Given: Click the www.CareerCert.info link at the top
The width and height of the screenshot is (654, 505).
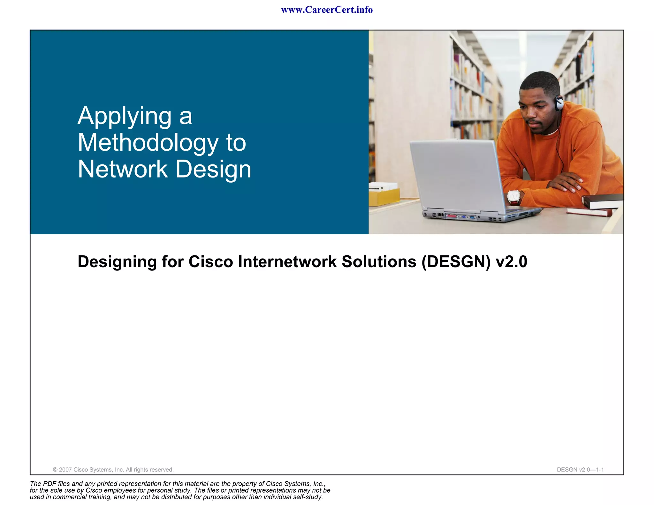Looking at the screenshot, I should [327, 10].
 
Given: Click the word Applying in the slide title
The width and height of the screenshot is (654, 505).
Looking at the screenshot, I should [125, 116].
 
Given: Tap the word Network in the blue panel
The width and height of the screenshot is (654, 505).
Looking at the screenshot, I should [123, 169].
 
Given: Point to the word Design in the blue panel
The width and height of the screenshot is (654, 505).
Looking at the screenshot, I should [213, 169].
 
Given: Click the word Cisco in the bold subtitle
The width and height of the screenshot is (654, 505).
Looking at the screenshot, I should [211, 262].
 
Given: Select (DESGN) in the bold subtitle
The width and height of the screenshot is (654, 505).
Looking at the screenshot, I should [456, 262].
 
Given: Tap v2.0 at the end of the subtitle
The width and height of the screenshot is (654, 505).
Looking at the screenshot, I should [511, 262].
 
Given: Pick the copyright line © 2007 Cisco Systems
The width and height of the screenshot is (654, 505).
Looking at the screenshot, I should [113, 470].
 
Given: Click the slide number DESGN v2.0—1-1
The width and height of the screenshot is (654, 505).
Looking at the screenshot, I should [580, 470].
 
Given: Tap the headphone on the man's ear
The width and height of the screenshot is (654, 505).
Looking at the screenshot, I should [559, 103].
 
